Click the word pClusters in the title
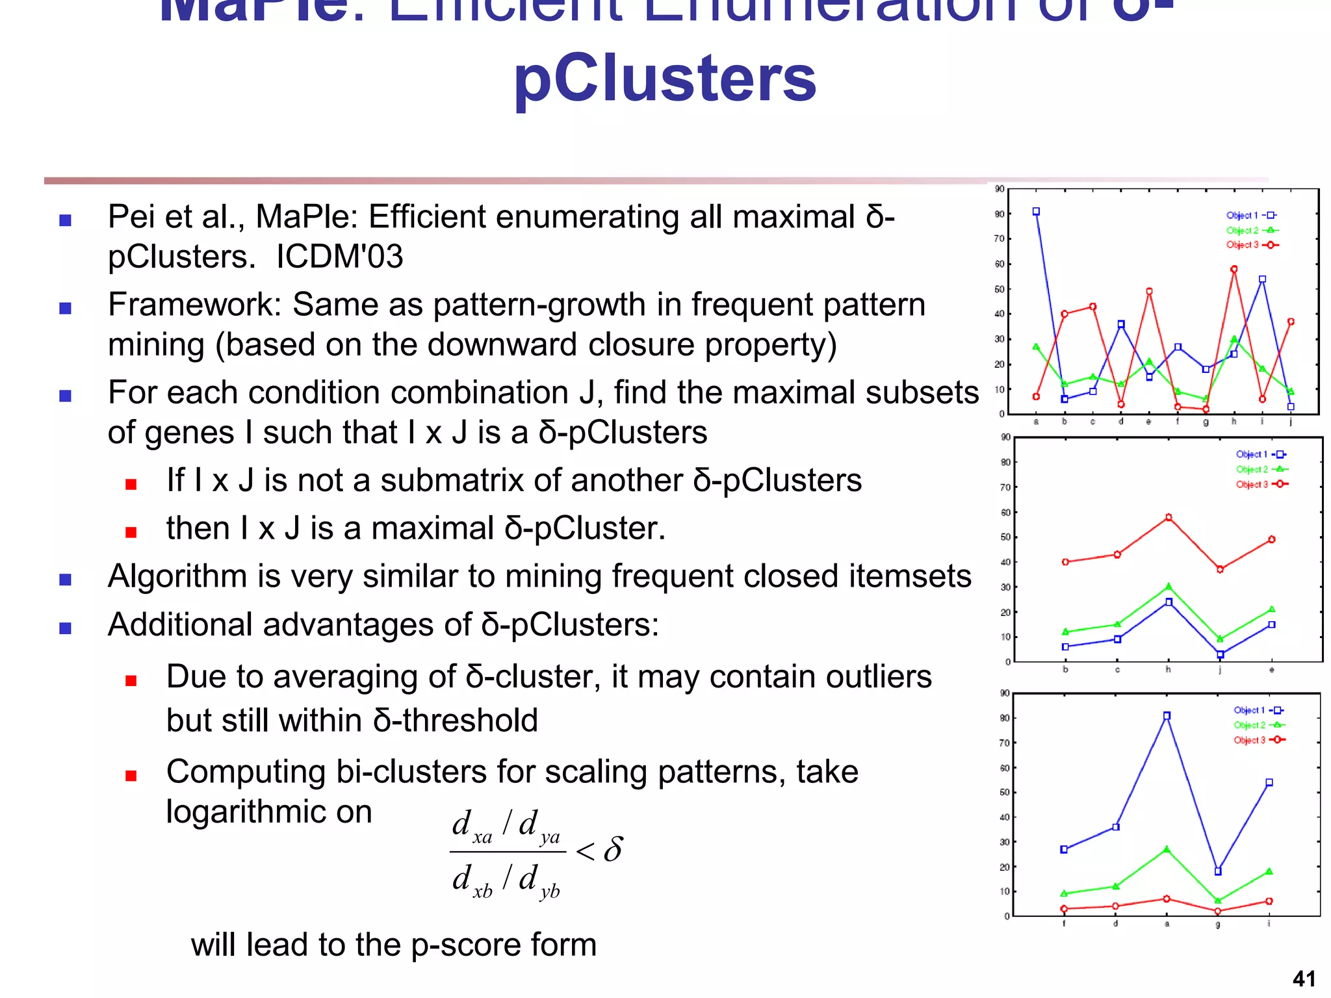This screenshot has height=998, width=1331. tap(664, 79)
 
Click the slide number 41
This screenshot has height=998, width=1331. tap(1304, 979)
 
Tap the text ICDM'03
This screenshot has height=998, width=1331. tap(339, 257)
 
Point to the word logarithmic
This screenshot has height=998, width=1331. tap(269, 812)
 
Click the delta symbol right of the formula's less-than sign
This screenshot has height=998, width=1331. tap(613, 849)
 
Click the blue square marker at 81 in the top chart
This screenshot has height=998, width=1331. tap(1036, 212)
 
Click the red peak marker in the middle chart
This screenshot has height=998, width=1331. tap(1169, 517)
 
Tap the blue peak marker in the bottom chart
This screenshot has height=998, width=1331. tap(1167, 715)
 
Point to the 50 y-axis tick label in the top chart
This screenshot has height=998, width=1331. tap(1000, 289)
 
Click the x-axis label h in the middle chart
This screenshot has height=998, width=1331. tap(1169, 670)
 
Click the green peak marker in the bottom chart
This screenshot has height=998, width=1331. tap(1167, 849)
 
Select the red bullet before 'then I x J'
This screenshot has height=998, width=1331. tap(131, 533)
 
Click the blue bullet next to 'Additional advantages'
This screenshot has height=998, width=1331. tap(65, 628)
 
